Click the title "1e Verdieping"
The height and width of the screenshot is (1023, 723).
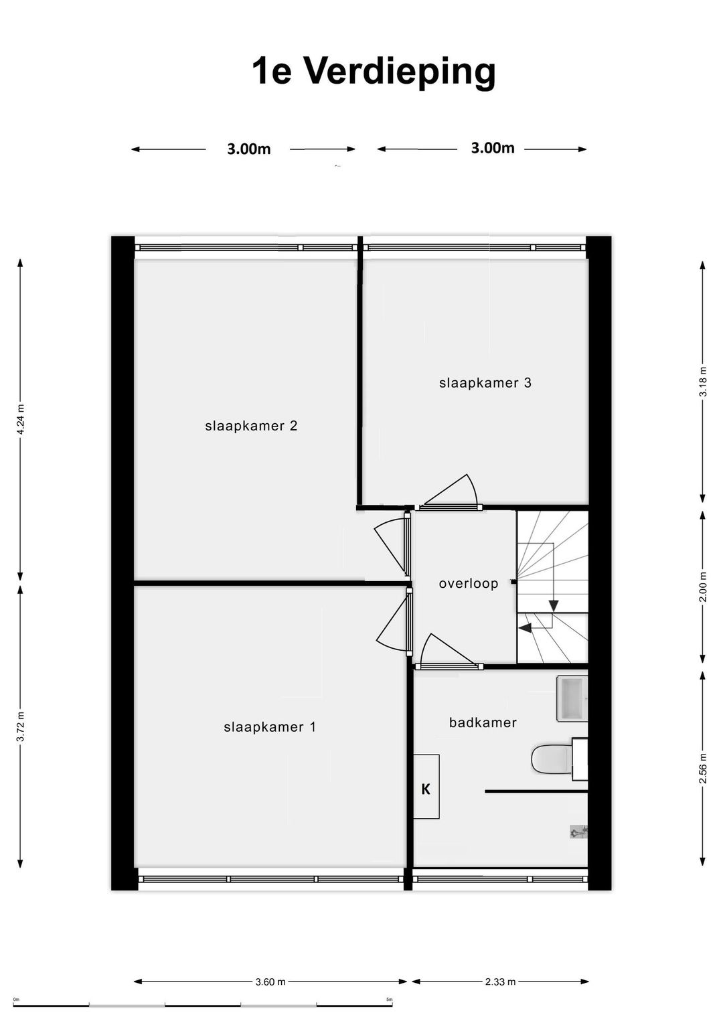[374, 72]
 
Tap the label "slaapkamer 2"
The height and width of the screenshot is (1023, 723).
[251, 426]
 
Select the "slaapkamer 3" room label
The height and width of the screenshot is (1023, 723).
[485, 383]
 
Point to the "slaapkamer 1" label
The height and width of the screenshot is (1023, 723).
[270, 727]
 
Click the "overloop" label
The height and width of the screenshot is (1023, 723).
[469, 584]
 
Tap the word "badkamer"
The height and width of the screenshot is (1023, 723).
[483, 722]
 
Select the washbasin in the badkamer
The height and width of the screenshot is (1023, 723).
[572, 699]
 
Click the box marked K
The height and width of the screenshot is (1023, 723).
[426, 789]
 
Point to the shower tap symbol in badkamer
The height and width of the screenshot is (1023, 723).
[578, 832]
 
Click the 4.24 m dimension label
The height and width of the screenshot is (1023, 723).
[21, 419]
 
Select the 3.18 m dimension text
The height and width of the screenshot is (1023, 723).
[703, 382]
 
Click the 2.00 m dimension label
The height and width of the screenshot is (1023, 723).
[703, 587]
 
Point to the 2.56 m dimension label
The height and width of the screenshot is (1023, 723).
[703, 769]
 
